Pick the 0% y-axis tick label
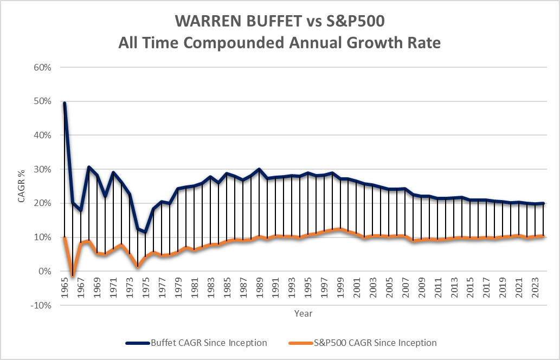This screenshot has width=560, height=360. pyautogui.click(x=44, y=271)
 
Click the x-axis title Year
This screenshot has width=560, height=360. pyautogui.click(x=303, y=313)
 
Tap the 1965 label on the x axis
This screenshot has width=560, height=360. pyautogui.click(x=65, y=285)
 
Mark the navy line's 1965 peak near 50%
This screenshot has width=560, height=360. pyautogui.click(x=65, y=103)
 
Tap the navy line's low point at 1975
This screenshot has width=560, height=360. pyautogui.click(x=145, y=232)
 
